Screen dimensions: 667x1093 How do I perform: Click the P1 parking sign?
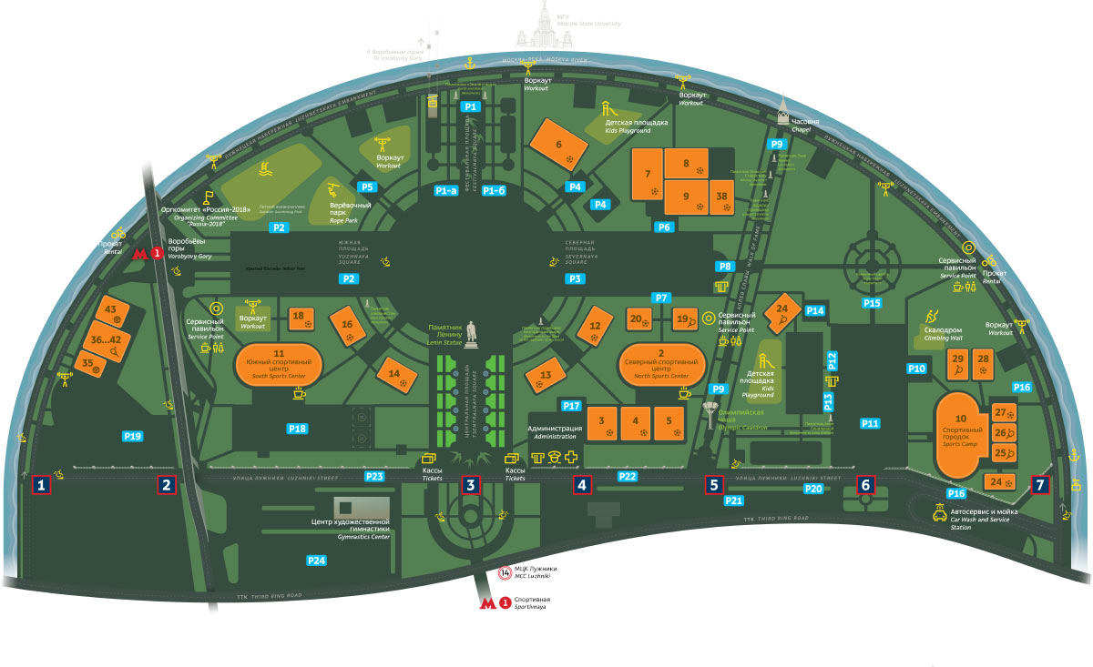click(x=471, y=106)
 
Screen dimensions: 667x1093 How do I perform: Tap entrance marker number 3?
click(x=471, y=485)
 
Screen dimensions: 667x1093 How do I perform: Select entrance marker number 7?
click(x=1040, y=485)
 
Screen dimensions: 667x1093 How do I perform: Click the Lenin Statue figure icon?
click(x=471, y=334)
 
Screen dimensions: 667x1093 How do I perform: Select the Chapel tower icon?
click(x=782, y=113)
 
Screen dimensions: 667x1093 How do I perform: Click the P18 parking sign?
click(x=297, y=429)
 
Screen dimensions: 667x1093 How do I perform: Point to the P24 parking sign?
click(x=316, y=560)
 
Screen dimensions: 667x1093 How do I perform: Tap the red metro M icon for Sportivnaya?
click(x=489, y=602)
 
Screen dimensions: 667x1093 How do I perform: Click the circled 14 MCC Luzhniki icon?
click(x=506, y=572)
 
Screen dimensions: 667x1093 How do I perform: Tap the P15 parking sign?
click(x=872, y=302)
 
